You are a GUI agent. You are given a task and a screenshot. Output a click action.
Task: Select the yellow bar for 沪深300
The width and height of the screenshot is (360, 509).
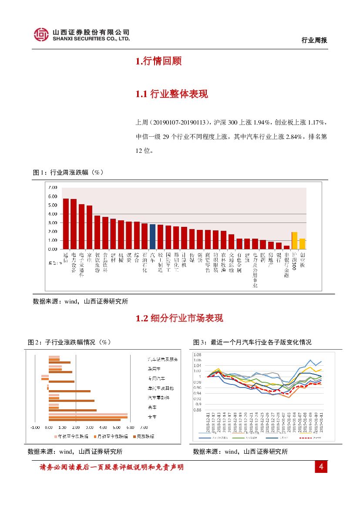294,240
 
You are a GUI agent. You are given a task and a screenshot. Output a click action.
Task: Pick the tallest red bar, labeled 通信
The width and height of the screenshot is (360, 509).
66,224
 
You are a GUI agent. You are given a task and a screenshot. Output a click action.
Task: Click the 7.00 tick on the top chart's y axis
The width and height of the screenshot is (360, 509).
53,187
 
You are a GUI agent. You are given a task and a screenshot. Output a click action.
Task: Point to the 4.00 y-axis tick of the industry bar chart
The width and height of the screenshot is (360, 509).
53,214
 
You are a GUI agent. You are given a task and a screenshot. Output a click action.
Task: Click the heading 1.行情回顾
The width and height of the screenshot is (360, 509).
158,61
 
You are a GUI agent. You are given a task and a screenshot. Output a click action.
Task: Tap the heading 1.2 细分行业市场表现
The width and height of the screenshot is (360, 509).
179,318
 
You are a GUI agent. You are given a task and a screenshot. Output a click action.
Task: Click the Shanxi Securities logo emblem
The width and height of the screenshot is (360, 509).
41,34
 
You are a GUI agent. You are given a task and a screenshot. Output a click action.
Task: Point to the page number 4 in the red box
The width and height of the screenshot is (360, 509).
321,467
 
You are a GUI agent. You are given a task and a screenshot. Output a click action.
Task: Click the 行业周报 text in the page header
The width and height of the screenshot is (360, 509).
314,40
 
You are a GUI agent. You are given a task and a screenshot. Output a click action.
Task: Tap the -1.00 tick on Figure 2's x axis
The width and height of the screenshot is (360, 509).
35,427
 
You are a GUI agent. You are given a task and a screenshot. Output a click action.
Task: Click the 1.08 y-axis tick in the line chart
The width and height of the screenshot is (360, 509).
198,354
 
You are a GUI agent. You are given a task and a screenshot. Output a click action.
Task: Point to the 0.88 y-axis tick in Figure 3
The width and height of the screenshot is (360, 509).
198,410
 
